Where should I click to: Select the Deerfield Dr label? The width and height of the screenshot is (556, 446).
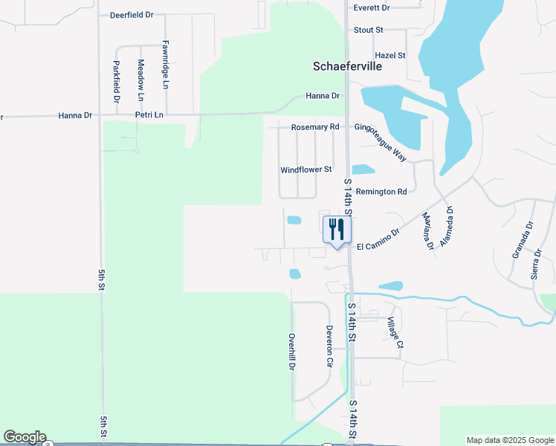(x=131, y=15)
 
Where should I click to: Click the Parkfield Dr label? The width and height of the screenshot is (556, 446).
(x=117, y=81)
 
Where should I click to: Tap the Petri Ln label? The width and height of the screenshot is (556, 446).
(x=149, y=116)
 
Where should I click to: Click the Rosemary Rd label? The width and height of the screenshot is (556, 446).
(x=315, y=127)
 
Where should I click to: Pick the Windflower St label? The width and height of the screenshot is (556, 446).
(x=306, y=170)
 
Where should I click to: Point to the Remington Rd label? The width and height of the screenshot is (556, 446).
(x=381, y=192)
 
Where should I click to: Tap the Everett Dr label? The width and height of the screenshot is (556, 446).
(x=372, y=8)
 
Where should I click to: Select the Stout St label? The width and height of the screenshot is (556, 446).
(x=369, y=30)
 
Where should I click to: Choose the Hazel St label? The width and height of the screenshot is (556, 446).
(x=390, y=56)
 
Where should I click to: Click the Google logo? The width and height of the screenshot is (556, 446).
(x=25, y=437)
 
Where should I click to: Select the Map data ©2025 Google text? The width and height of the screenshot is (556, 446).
(x=510, y=440)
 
